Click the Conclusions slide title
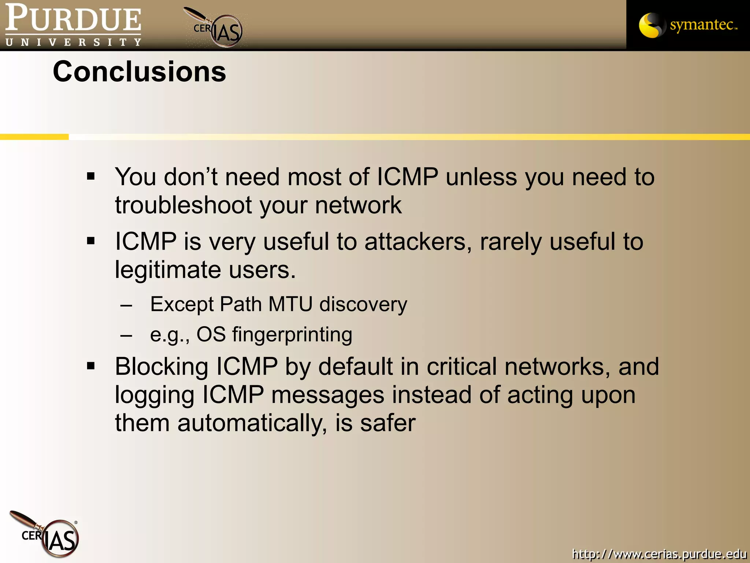coord(139,72)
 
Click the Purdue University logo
coord(73,25)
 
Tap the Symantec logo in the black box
coord(688,25)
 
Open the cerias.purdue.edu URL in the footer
coord(659,553)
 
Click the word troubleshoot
coord(183,205)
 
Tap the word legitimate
coord(167,271)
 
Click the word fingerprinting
coord(292,335)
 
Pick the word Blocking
coord(161,367)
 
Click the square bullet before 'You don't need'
coord(91,177)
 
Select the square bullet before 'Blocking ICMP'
coord(91,366)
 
